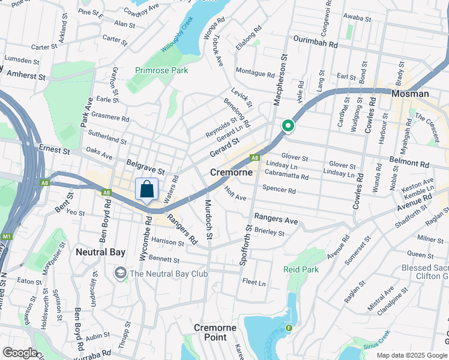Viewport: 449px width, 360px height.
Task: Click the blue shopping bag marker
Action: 147,190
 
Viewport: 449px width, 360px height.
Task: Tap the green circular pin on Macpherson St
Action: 288,126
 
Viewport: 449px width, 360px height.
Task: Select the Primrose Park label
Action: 161,70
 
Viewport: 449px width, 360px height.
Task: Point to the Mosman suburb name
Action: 410,94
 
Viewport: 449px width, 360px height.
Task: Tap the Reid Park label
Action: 301,269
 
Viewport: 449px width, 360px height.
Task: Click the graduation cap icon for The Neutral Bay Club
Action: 121,274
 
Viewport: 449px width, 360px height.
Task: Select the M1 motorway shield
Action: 7,237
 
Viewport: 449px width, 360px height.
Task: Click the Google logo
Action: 20,352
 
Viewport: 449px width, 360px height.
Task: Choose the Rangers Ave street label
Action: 276,219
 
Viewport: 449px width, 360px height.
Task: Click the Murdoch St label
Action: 209,219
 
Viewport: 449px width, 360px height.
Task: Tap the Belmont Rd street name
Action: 409,163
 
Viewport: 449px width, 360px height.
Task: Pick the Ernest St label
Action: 55,147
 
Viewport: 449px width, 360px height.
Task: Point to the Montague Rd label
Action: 255,73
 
